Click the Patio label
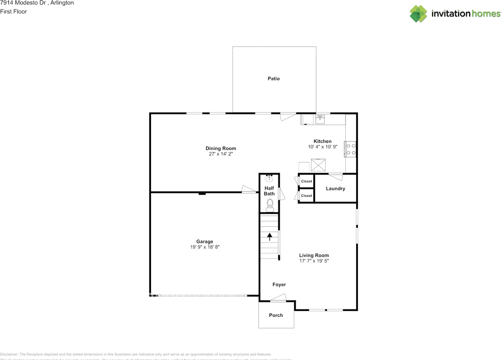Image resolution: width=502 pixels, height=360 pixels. (x=273, y=78)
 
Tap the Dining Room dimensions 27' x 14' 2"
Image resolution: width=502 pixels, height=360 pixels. (x=221, y=154)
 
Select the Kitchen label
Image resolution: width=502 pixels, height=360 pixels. (x=322, y=141)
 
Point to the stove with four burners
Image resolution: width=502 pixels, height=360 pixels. (x=351, y=149)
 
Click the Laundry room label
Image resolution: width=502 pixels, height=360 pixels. (x=335, y=189)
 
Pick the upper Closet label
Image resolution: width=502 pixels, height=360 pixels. (x=306, y=181)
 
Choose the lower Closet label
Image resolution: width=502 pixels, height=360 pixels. (x=306, y=196)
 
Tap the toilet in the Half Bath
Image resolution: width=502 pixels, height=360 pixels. (x=269, y=205)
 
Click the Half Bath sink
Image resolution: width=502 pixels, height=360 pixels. (x=269, y=179)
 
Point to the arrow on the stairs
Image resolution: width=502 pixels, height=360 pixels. (x=269, y=236)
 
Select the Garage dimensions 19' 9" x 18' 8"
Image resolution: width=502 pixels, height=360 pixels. (x=205, y=247)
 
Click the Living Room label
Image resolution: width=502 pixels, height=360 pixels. (x=314, y=255)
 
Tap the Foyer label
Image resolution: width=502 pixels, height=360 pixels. (x=279, y=285)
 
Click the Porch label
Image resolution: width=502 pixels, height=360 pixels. (x=276, y=315)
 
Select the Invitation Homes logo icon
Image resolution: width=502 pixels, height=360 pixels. (x=418, y=14)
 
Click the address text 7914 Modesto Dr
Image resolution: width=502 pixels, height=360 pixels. (x=20, y=3)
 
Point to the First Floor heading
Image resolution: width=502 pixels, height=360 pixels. (x=14, y=12)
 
